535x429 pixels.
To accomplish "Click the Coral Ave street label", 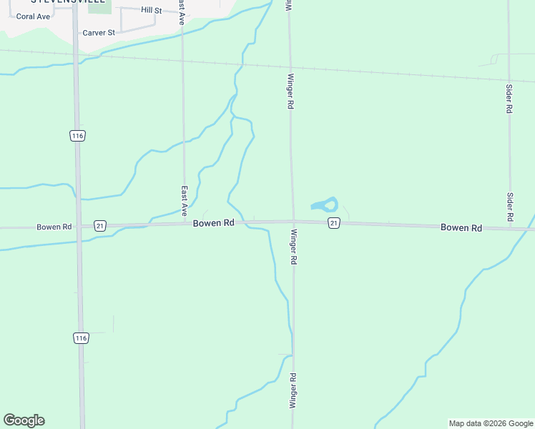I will click(x=33, y=16).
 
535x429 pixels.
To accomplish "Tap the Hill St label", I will click(x=152, y=10).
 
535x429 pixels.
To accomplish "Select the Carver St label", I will click(x=99, y=33).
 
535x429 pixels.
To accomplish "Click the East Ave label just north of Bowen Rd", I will click(x=184, y=201).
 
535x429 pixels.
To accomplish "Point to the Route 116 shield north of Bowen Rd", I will click(x=78, y=136).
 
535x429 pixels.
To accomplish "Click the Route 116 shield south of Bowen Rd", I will click(x=81, y=337).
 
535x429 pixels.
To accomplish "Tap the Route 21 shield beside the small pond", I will click(x=333, y=224).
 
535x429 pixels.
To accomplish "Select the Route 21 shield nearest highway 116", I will click(x=99, y=225).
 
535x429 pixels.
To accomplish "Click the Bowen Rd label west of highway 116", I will click(x=54, y=227).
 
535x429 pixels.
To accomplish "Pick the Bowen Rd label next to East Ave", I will click(x=214, y=223).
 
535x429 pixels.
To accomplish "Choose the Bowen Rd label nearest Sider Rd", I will click(x=461, y=227).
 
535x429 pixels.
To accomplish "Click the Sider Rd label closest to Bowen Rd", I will click(x=511, y=206).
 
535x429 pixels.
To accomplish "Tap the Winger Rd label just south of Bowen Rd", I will click(x=293, y=247).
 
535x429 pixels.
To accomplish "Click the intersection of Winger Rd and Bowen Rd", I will click(x=293, y=222).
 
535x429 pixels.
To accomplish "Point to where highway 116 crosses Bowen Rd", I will click(x=78, y=226).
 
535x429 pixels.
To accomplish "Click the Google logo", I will click(x=24, y=420).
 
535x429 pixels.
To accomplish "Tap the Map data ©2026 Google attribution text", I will click(x=491, y=423).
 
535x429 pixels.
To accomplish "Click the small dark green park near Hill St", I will click(x=99, y=7).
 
